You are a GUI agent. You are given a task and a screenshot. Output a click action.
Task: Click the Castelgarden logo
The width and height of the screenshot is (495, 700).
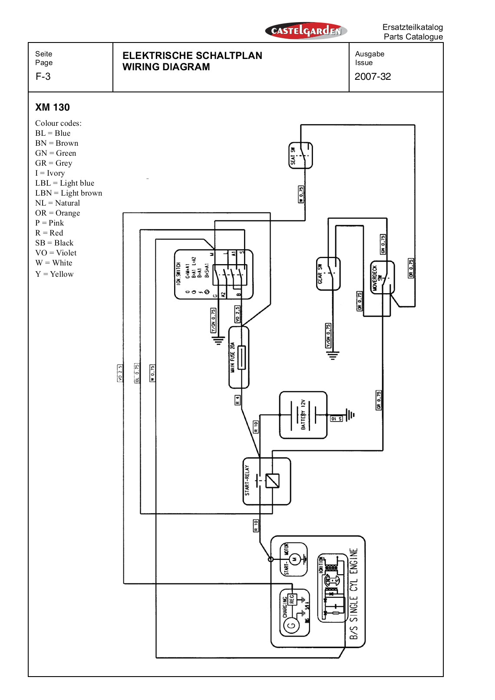pos(306,31)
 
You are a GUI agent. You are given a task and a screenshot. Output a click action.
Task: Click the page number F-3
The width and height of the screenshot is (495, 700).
pos(43,77)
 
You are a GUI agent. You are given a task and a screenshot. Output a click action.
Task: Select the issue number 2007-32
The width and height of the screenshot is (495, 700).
pos(373,77)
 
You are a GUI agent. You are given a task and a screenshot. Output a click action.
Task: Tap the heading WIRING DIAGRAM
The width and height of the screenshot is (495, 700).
pos(166,67)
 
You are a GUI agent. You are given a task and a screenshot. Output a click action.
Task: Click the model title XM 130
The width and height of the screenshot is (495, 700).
pos(53,108)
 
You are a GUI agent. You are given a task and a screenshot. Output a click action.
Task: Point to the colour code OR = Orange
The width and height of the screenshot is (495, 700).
pos(57,213)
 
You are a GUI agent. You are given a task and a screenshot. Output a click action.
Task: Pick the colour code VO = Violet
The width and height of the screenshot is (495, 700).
pos(56,253)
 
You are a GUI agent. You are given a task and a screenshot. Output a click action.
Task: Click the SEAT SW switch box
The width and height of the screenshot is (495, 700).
pos(300,155)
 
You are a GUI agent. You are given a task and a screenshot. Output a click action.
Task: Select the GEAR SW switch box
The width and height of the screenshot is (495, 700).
pos(328,274)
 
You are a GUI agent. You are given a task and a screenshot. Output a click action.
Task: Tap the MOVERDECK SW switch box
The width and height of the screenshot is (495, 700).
pos(382,278)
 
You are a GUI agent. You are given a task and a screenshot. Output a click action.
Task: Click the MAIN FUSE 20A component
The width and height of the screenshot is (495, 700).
pos(239,357)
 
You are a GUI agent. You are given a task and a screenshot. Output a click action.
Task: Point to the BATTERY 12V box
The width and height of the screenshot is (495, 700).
pos(303,415)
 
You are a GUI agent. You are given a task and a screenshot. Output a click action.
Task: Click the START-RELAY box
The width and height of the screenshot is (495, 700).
pos(267,481)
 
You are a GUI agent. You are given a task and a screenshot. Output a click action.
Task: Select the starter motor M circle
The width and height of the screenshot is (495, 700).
pos(295,559)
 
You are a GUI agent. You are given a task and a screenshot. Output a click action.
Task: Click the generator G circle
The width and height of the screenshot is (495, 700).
pos(291,625)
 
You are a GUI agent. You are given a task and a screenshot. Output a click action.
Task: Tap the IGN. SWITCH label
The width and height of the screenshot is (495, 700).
pos(178,274)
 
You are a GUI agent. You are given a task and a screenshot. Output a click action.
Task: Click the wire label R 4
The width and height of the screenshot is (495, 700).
pos(238,400)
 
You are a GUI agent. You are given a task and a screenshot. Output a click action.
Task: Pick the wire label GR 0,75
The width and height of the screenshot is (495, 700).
pos(379,400)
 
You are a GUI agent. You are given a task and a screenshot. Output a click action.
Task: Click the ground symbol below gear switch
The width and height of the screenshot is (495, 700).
pos(333,356)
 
